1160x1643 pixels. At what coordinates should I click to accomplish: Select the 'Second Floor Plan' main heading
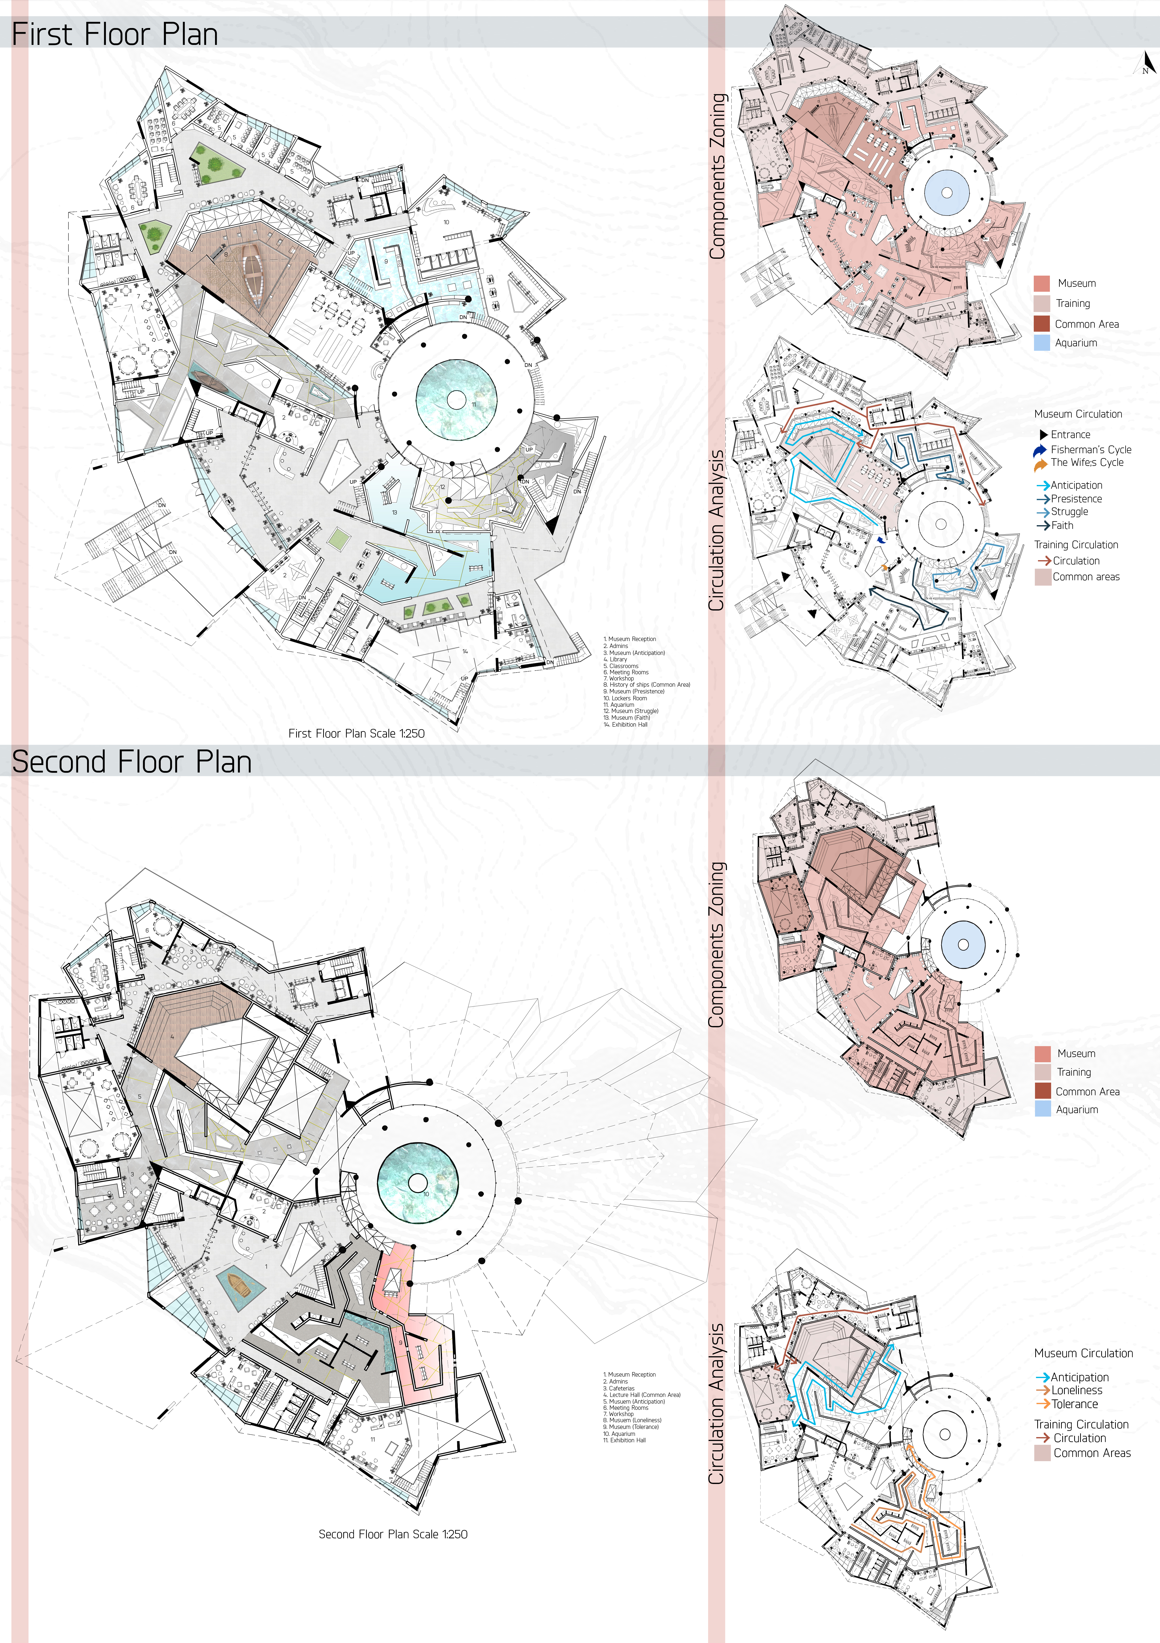(x=132, y=761)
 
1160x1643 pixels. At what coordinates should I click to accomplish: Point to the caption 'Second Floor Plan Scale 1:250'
(x=393, y=1534)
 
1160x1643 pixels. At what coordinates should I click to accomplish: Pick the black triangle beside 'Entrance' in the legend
(x=1043, y=434)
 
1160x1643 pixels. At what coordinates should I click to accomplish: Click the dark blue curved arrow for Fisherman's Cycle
(x=1040, y=450)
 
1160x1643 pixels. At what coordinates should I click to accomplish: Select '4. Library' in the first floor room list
(x=615, y=659)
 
